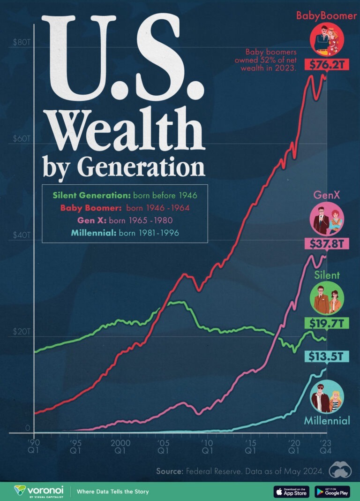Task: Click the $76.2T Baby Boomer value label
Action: tap(327, 65)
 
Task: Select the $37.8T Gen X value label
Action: tap(327, 243)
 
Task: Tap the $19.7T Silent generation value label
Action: tap(327, 323)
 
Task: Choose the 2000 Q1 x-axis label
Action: tap(120, 447)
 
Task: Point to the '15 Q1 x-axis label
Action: tap(251, 447)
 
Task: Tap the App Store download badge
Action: tap(292, 491)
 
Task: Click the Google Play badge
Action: tap(333, 491)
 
